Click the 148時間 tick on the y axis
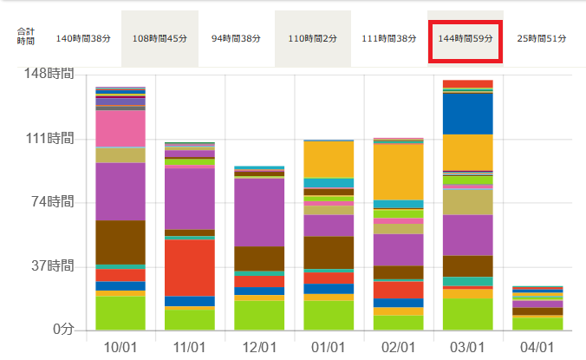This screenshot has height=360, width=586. click(x=49, y=75)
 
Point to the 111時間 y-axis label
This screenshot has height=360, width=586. click(x=49, y=139)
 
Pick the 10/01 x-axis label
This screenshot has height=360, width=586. click(x=120, y=345)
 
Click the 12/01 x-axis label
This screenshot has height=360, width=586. click(x=259, y=345)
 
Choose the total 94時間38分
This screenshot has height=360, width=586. click(x=237, y=39)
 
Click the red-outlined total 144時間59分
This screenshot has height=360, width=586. click(x=466, y=39)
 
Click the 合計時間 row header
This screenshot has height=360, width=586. click(x=25, y=36)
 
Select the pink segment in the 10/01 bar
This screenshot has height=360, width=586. click(x=120, y=128)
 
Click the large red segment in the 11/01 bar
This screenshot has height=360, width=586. click(x=190, y=267)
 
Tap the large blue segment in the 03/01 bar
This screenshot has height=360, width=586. click(x=467, y=113)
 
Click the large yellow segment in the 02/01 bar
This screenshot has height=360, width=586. click(x=398, y=172)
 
